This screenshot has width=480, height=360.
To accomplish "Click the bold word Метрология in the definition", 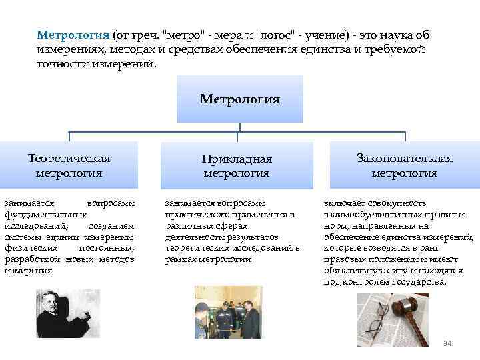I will point(73,34).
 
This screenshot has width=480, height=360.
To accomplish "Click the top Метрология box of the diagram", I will point(240,100).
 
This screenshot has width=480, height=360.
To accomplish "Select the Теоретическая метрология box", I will point(69,165).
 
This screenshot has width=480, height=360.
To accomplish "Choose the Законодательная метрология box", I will point(404,165).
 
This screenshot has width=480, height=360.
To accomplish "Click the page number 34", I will point(447,343).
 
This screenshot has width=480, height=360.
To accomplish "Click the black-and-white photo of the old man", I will point(67,313).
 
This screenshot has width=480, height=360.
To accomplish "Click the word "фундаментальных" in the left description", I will point(45,215).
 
